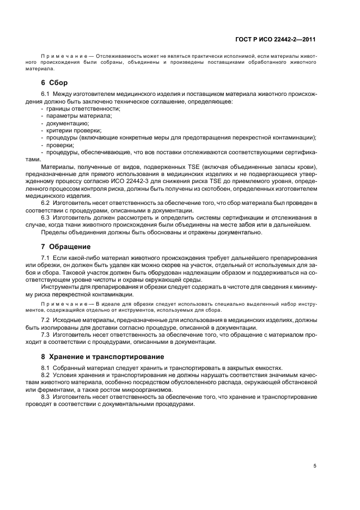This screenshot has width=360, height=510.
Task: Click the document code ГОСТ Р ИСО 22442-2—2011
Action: (278, 39)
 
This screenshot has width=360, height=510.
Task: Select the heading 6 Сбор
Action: (54, 83)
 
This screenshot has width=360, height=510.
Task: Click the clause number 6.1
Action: (46, 94)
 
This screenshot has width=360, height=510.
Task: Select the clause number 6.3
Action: (46, 217)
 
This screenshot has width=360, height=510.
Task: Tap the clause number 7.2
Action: (46, 319)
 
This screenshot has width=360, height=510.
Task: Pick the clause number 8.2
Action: (46, 375)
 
